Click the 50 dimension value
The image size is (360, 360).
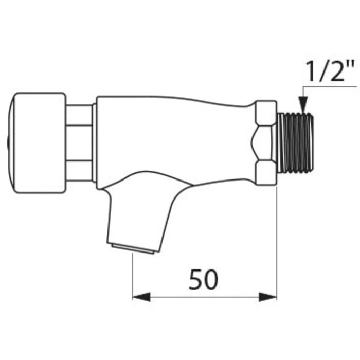click(203, 279)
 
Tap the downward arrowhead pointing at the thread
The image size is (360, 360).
click(303, 104)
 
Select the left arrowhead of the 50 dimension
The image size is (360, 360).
click(141, 297)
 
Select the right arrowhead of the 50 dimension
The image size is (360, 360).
click(268, 297)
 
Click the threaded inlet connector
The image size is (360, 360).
click(296, 143)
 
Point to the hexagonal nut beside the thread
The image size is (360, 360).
click(264, 143)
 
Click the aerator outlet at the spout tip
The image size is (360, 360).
click(133, 249)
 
